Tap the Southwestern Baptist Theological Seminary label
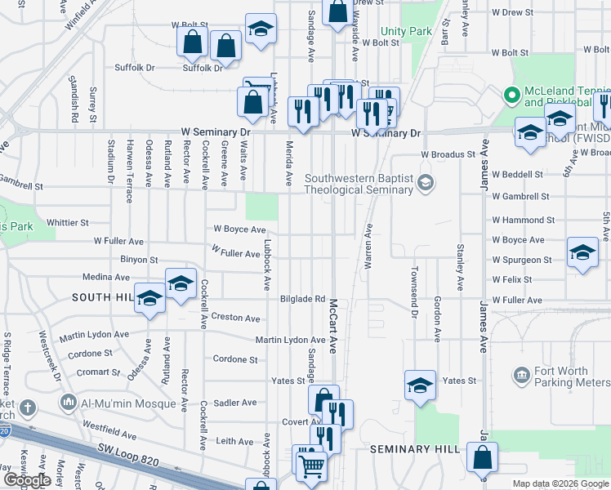coord(359,184)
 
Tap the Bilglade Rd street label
coord(302,299)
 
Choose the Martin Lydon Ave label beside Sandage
coord(290,340)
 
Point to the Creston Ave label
coord(235,317)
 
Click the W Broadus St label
coord(448,154)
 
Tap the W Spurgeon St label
coord(522,260)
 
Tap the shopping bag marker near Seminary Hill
coord(483,458)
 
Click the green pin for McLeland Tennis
coord(512,96)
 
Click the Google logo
coord(27,480)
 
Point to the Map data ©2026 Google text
coord(561,483)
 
